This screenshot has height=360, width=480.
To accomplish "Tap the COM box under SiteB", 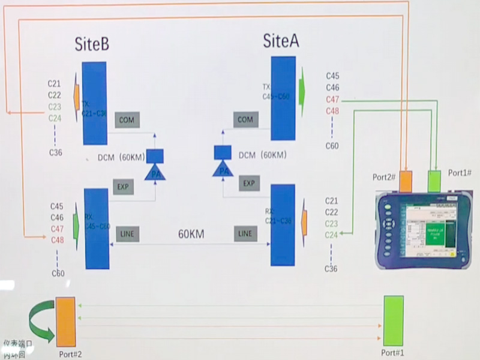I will (x=127, y=119).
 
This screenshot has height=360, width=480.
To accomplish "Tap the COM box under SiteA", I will (x=245, y=119).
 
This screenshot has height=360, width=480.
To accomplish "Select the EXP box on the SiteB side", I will (x=123, y=187).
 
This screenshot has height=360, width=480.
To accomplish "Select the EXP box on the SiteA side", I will (x=249, y=183).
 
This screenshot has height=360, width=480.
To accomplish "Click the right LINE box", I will (x=245, y=233).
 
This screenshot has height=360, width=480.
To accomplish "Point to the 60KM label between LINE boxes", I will (x=191, y=234).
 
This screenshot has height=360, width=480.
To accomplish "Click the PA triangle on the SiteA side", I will (x=224, y=170).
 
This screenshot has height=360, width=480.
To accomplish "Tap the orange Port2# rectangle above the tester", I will (x=406, y=181).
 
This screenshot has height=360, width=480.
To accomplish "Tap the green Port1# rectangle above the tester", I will (x=434, y=181).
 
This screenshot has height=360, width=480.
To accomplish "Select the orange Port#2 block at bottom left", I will (x=65, y=322).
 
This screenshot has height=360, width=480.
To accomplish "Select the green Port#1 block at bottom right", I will (x=393, y=320).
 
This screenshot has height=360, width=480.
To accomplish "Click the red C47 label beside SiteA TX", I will (x=332, y=99).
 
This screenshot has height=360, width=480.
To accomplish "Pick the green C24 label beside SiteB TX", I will (x=55, y=118).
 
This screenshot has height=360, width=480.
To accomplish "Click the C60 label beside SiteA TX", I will (x=332, y=146).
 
